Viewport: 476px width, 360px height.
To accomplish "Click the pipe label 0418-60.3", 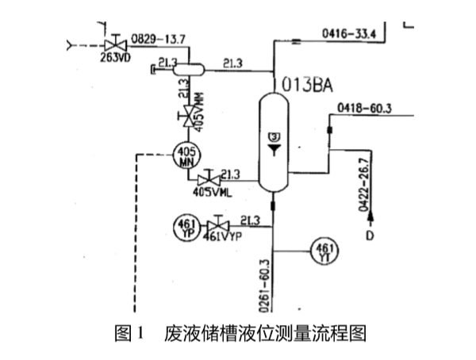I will click(x=366, y=108).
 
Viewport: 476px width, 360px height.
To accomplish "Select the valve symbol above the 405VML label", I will click(x=209, y=180).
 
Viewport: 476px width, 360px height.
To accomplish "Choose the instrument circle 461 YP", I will click(x=186, y=228).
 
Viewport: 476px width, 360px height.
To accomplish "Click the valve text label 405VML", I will click(x=210, y=192).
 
